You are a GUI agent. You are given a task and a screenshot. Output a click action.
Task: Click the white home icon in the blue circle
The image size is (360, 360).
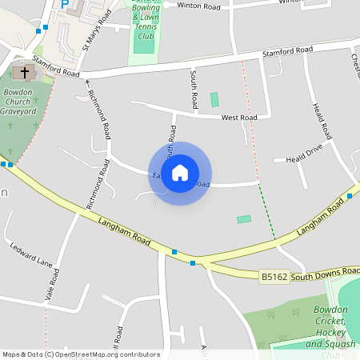tap(180, 173)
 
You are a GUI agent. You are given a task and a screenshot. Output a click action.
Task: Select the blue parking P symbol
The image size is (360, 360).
tap(65, 4)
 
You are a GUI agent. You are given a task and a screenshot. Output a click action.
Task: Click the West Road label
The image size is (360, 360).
tap(239, 118)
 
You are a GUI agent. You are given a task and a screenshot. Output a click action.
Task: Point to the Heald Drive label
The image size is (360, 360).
tap(303, 154)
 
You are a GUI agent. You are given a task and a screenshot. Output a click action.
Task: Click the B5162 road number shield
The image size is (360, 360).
tap(274, 277)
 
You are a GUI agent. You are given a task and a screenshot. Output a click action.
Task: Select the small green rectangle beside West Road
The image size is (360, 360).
tap(214, 100)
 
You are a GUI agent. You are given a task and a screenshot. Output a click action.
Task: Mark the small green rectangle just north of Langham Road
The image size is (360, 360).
tap(244, 219)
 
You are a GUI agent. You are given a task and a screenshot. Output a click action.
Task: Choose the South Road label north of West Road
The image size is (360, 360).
tap(194, 90)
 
